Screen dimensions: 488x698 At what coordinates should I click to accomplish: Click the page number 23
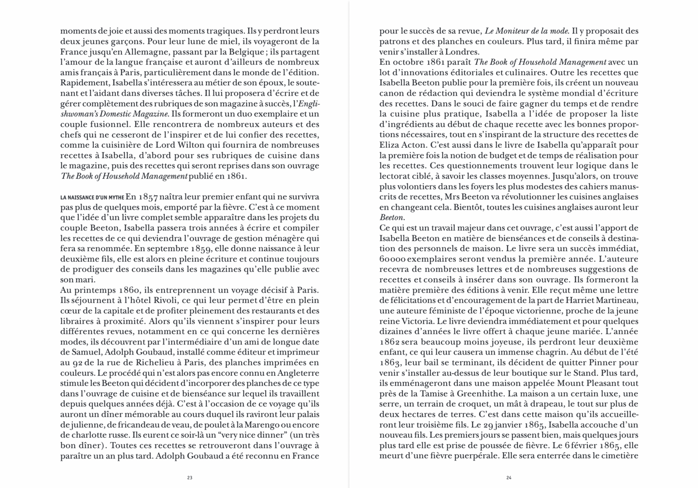189,477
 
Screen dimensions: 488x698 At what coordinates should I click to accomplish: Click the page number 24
509,477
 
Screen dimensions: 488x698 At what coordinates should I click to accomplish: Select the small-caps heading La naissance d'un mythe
92,198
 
